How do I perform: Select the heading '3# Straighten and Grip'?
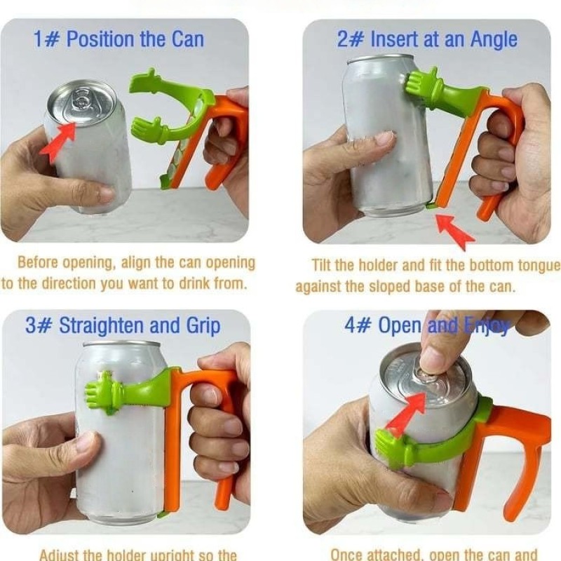[123, 325]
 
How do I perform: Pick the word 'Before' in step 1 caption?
[36, 264]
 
